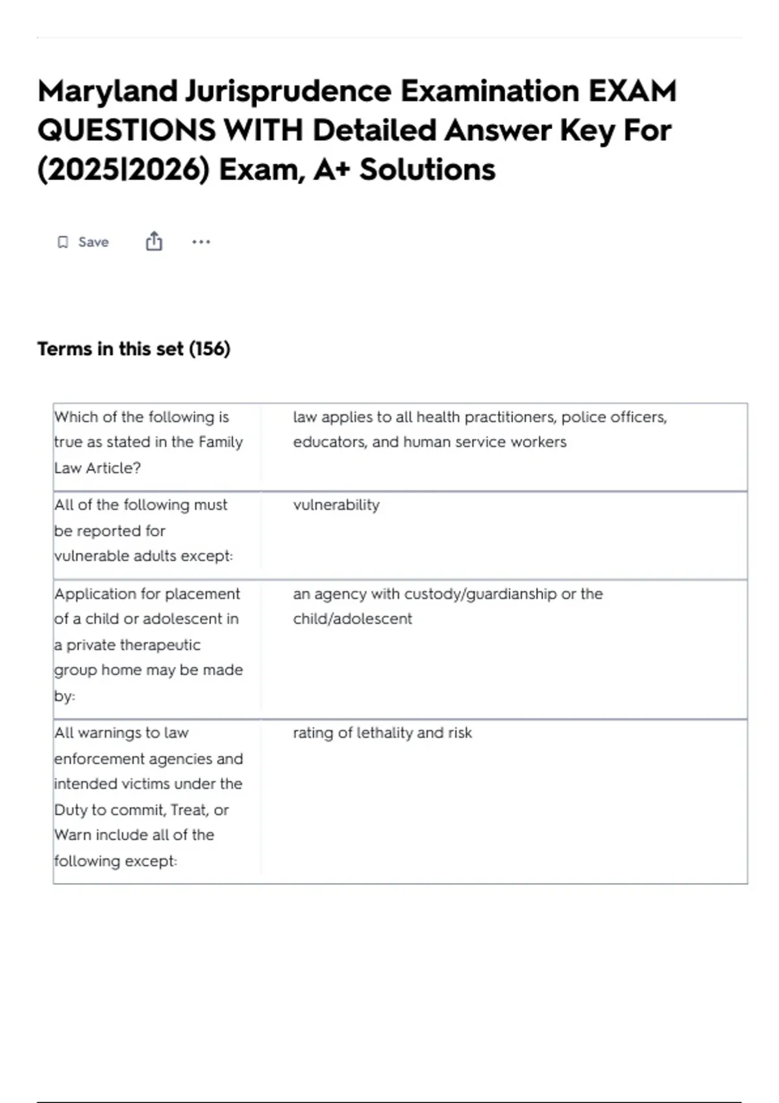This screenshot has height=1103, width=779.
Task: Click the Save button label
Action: click(x=93, y=242)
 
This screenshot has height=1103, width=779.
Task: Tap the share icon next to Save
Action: click(x=154, y=241)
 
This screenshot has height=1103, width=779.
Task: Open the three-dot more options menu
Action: click(x=201, y=242)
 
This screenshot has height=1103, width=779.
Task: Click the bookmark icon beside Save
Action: click(x=63, y=242)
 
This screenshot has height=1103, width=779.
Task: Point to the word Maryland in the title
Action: click(x=107, y=91)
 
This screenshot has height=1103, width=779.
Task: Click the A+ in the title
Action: click(x=332, y=170)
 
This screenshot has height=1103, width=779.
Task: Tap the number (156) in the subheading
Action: click(x=209, y=349)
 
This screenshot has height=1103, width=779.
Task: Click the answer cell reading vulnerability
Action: click(x=336, y=505)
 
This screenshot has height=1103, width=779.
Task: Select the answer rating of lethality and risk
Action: click(x=382, y=733)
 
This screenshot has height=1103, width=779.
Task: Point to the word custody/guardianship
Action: click(x=480, y=594)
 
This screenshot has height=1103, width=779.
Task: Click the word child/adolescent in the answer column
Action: click(x=352, y=619)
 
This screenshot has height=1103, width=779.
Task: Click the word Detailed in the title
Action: click(x=375, y=130)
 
